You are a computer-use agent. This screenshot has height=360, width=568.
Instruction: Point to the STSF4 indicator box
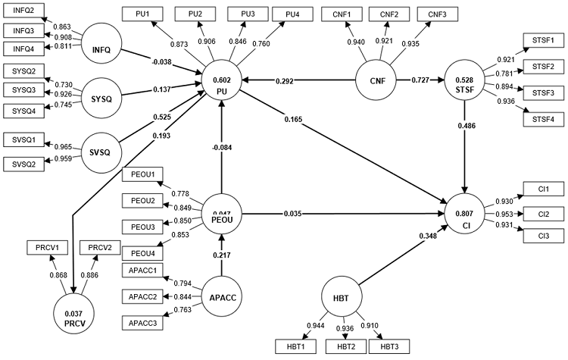coord(544,119)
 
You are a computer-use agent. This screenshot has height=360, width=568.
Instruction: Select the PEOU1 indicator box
coord(142,176)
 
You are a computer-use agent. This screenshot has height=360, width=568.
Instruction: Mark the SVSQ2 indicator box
coord(23,164)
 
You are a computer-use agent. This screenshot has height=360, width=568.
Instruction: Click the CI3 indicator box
coord(544,238)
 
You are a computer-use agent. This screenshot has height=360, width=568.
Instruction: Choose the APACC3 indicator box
coord(142,323)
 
